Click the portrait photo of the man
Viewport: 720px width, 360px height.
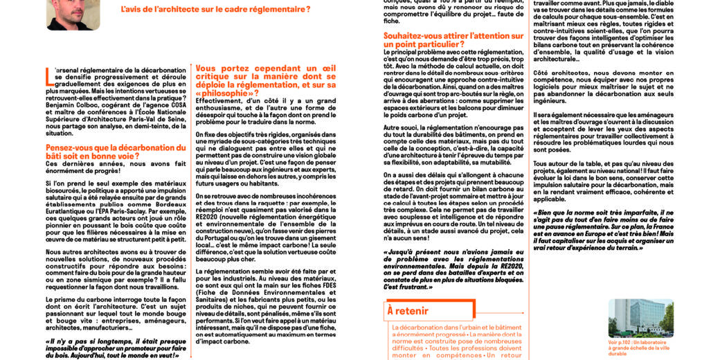[73, 14]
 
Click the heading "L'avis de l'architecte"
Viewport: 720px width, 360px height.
[215, 10]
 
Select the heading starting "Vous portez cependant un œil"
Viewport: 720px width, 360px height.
[266, 80]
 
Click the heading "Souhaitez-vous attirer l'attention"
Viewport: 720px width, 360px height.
[453, 39]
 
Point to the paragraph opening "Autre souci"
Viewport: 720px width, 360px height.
[453, 147]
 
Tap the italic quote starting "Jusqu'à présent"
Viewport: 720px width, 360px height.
[453, 271]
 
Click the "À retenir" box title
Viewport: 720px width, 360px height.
[408, 312]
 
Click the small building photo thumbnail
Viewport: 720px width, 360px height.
[640, 318]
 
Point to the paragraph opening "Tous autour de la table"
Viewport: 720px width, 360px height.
[603, 181]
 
